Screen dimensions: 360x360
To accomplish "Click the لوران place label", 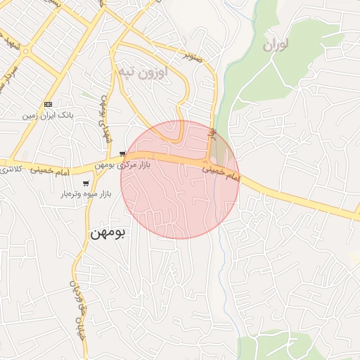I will click(276, 46).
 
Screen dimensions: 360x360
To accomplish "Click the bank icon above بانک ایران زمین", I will click(48, 104).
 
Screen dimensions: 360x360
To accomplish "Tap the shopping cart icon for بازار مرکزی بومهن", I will click(123, 154).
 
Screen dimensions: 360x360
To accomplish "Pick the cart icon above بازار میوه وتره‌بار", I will click(86, 184).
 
